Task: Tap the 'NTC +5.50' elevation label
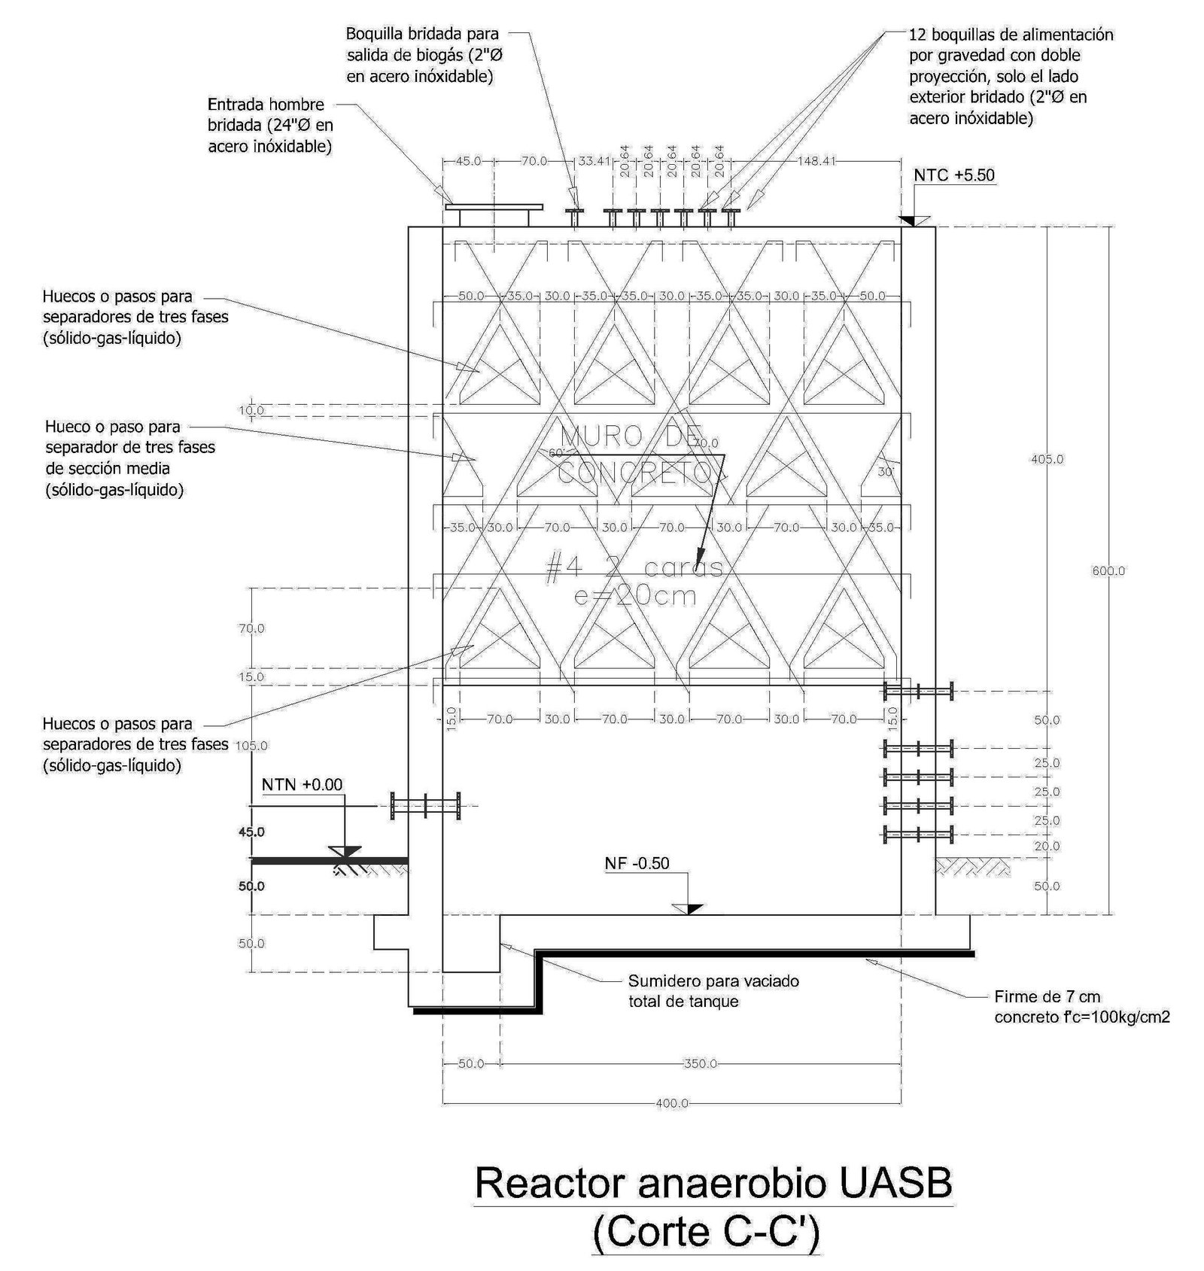point(953,175)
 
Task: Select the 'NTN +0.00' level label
point(302,785)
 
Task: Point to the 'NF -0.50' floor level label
point(637,863)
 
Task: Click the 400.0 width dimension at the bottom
point(672,1103)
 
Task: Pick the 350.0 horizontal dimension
point(700,1063)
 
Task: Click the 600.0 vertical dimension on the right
point(1108,571)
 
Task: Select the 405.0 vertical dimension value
point(1047,459)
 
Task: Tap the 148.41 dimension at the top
point(816,160)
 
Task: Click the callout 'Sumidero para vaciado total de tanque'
point(713,991)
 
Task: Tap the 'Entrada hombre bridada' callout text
point(270,125)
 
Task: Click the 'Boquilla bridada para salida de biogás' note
point(421,55)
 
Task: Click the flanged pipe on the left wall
point(425,805)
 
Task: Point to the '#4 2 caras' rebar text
point(634,568)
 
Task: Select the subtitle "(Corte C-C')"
point(705,1232)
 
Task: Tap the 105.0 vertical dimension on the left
point(251,746)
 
